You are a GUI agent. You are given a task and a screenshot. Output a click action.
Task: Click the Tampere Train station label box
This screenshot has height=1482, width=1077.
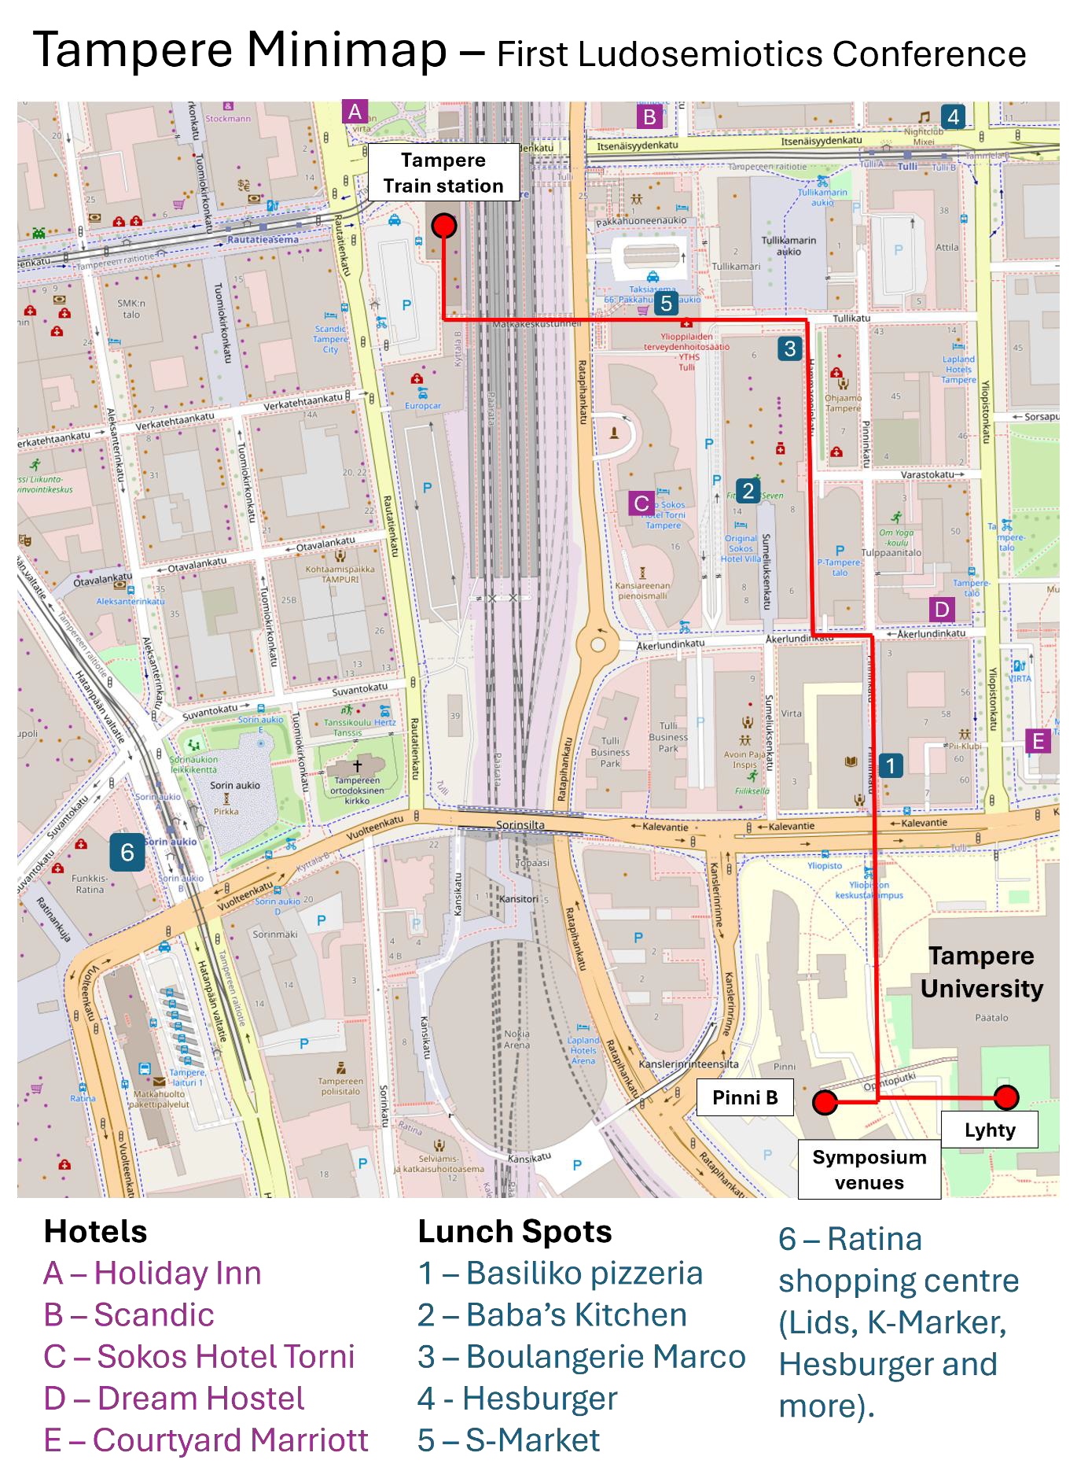[x=443, y=172]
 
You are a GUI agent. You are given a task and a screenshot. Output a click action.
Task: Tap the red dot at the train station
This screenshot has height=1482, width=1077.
[x=444, y=226]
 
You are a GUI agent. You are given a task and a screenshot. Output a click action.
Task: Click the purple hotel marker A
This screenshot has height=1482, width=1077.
[x=355, y=112]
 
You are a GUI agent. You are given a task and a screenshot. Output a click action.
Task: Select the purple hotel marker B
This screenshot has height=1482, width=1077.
[x=649, y=117]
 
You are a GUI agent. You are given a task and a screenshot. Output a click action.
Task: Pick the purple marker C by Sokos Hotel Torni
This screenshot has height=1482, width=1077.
[x=641, y=503]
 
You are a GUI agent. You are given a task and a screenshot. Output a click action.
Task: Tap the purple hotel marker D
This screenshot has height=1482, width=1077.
[x=941, y=609]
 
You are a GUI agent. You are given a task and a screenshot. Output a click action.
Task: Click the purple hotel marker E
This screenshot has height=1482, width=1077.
[x=1038, y=741]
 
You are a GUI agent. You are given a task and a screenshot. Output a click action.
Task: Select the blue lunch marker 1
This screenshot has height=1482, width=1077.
[x=890, y=765]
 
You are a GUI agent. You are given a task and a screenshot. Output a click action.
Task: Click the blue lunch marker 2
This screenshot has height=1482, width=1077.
[x=748, y=491]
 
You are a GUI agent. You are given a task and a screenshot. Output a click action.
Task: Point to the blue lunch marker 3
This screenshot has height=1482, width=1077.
[x=789, y=348]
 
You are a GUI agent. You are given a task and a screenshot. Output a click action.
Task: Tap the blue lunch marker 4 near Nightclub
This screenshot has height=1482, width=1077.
[x=953, y=117]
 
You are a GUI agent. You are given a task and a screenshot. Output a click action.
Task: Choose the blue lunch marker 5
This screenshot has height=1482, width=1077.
[x=666, y=304]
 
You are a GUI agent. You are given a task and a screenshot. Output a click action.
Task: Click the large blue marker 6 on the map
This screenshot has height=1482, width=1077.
[x=127, y=853]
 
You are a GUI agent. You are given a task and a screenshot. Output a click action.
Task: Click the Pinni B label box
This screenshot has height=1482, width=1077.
[x=744, y=1097]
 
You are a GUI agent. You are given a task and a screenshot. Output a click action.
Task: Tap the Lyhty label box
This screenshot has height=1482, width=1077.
[x=990, y=1130]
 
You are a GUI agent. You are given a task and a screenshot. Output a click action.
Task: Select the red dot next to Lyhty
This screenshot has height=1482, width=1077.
[x=1006, y=1097]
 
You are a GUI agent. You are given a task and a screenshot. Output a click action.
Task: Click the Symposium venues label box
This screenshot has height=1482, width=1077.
[x=869, y=1170]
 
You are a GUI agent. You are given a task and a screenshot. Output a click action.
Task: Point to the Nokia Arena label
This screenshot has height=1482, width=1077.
[x=516, y=1038]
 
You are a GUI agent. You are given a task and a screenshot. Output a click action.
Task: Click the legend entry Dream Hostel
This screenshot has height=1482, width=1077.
[x=175, y=1398]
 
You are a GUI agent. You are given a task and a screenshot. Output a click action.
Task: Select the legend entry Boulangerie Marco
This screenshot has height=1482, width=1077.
[x=582, y=1356]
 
